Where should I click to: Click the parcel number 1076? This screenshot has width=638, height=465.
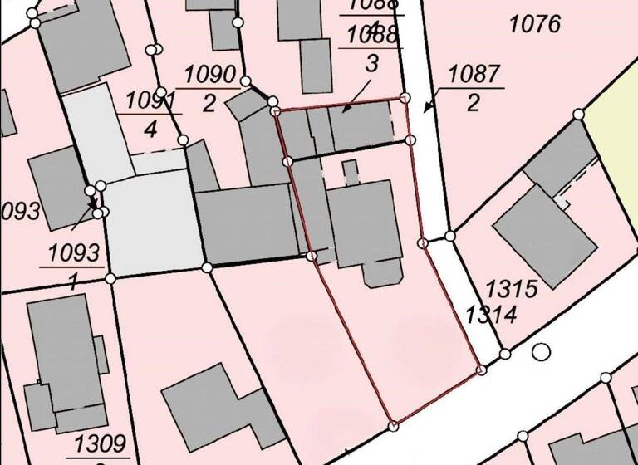pos(535,24)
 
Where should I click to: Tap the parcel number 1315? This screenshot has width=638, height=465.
pos(513,290)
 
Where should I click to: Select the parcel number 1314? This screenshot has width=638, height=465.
pos(492,315)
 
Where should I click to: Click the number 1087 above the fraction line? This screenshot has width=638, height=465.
pos(475,74)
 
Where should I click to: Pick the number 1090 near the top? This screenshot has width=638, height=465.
pos(210,73)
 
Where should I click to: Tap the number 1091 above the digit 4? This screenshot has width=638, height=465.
pos(151,100)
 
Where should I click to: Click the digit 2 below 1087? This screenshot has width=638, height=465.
pos(474,103)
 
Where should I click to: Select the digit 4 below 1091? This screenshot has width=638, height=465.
pos(150,130)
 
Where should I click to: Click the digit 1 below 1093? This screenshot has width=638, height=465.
pos(73,281)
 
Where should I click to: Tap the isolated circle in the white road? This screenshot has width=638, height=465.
pos(542,351)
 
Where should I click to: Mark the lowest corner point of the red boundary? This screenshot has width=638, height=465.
pos(393,426)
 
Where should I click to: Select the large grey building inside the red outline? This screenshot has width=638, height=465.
pos(365,223)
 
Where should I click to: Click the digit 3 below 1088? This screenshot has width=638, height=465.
pos(371,61)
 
